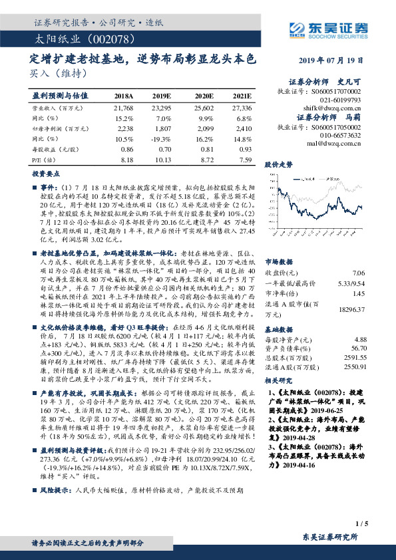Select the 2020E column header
tap(204, 96)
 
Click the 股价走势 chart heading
tap(279, 164)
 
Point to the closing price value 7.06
tap(358, 272)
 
